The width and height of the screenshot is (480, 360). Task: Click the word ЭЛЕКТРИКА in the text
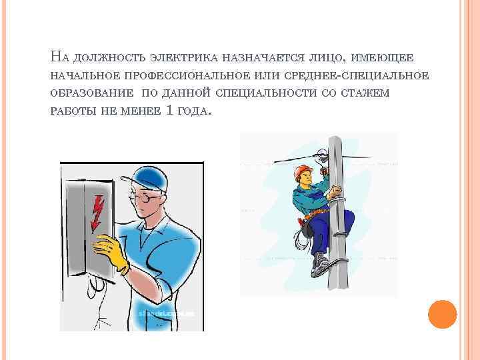[x=184, y=57]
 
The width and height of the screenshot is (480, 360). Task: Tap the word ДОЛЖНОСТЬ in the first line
[x=109, y=57]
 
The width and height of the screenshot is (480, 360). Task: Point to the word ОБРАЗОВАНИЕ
[x=92, y=93]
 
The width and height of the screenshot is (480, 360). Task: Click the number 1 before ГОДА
[x=169, y=109]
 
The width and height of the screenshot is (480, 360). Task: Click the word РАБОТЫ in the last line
[x=73, y=110]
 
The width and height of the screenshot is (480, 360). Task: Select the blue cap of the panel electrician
[x=145, y=179]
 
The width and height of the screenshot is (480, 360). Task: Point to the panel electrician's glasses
[x=145, y=198]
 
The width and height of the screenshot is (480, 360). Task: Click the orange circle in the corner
[x=443, y=314]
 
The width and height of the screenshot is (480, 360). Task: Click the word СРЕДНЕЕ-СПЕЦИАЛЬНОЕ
[x=357, y=75]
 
